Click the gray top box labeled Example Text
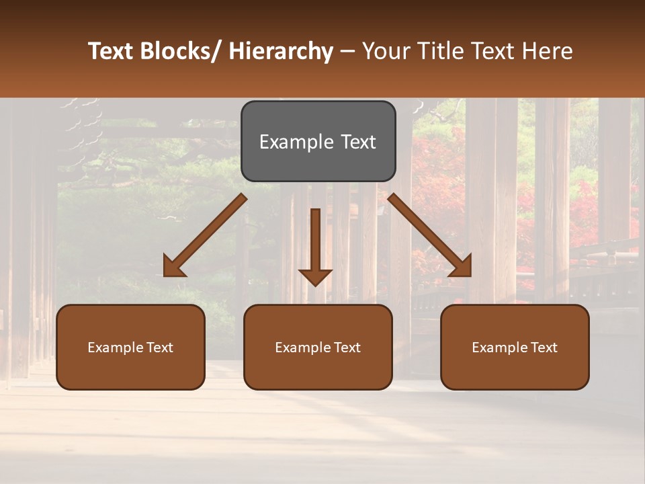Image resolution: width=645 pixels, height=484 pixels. (318, 141)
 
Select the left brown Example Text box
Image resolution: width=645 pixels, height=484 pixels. (130, 347)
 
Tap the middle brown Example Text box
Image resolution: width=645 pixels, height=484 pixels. (318, 347)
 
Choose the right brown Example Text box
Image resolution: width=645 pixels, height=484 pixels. (515, 347)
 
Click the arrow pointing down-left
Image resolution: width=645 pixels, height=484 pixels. (206, 236)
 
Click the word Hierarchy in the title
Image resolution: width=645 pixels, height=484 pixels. (281, 52)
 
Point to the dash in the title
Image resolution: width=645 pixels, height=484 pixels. (347, 52)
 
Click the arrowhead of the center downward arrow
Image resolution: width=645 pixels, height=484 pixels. (315, 276)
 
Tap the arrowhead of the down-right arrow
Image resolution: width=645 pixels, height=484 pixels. (460, 266)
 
